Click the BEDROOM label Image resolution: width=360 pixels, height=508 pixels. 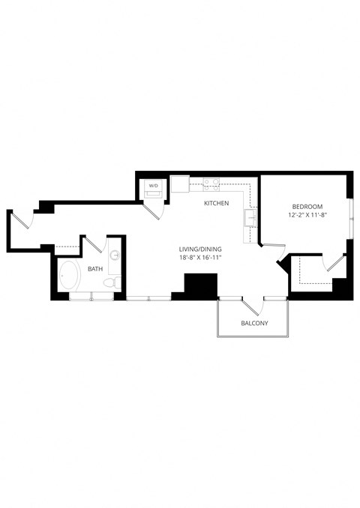coord(307,207)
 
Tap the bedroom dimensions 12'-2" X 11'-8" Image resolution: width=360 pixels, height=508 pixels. coord(307,216)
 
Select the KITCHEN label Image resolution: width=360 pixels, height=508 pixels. coord(216,204)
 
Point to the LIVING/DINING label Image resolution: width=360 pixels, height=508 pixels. coord(199,249)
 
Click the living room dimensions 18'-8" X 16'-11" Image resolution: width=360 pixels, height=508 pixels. coord(199,258)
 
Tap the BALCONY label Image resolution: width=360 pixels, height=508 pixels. coord(254,324)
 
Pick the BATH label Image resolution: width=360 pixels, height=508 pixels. coord(95,268)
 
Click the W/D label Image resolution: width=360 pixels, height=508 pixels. coord(153,185)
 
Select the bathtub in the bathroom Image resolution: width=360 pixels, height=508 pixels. coord(70,276)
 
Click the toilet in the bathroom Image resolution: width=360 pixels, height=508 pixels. coord(112,282)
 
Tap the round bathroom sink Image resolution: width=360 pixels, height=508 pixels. coord(115,255)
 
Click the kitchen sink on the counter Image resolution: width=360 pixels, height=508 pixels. coord(249,217)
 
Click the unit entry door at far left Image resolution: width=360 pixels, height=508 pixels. coord(20,220)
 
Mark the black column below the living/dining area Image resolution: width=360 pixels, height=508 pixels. coord(200,285)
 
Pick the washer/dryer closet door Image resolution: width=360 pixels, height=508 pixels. coord(154,209)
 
